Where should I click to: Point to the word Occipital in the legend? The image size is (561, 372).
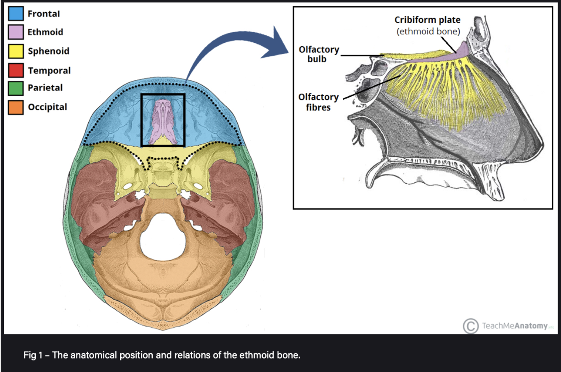(x=48, y=107)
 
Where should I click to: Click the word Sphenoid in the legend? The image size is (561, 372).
(x=48, y=51)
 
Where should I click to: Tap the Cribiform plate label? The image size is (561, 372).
(x=427, y=20)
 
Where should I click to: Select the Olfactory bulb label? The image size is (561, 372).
(x=319, y=54)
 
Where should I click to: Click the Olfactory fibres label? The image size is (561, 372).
(x=318, y=102)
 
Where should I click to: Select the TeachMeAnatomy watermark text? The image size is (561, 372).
(x=515, y=326)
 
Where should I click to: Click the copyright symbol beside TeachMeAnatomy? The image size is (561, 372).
(x=471, y=326)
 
